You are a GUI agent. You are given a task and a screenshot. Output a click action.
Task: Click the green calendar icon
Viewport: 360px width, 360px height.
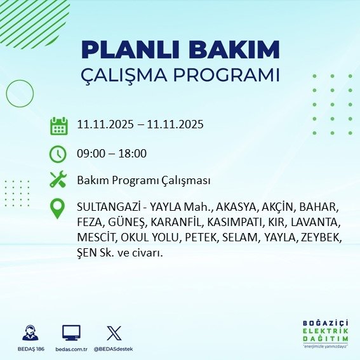pos(58,125)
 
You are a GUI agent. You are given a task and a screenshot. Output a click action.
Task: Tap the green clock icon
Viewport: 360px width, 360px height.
pos(58,154)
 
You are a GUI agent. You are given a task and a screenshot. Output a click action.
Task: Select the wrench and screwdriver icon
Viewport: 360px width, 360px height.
pos(58,180)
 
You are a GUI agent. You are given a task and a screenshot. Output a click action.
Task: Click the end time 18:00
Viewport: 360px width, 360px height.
pos(133,154)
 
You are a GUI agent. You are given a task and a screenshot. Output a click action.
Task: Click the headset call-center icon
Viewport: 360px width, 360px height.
pos(30,332)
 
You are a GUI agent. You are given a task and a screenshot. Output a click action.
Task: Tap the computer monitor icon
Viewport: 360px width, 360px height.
pos(70,332)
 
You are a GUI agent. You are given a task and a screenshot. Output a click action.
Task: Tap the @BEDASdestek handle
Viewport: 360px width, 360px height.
pos(114,349)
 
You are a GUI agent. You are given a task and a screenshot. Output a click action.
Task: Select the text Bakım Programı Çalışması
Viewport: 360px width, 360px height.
pos(143,181)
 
